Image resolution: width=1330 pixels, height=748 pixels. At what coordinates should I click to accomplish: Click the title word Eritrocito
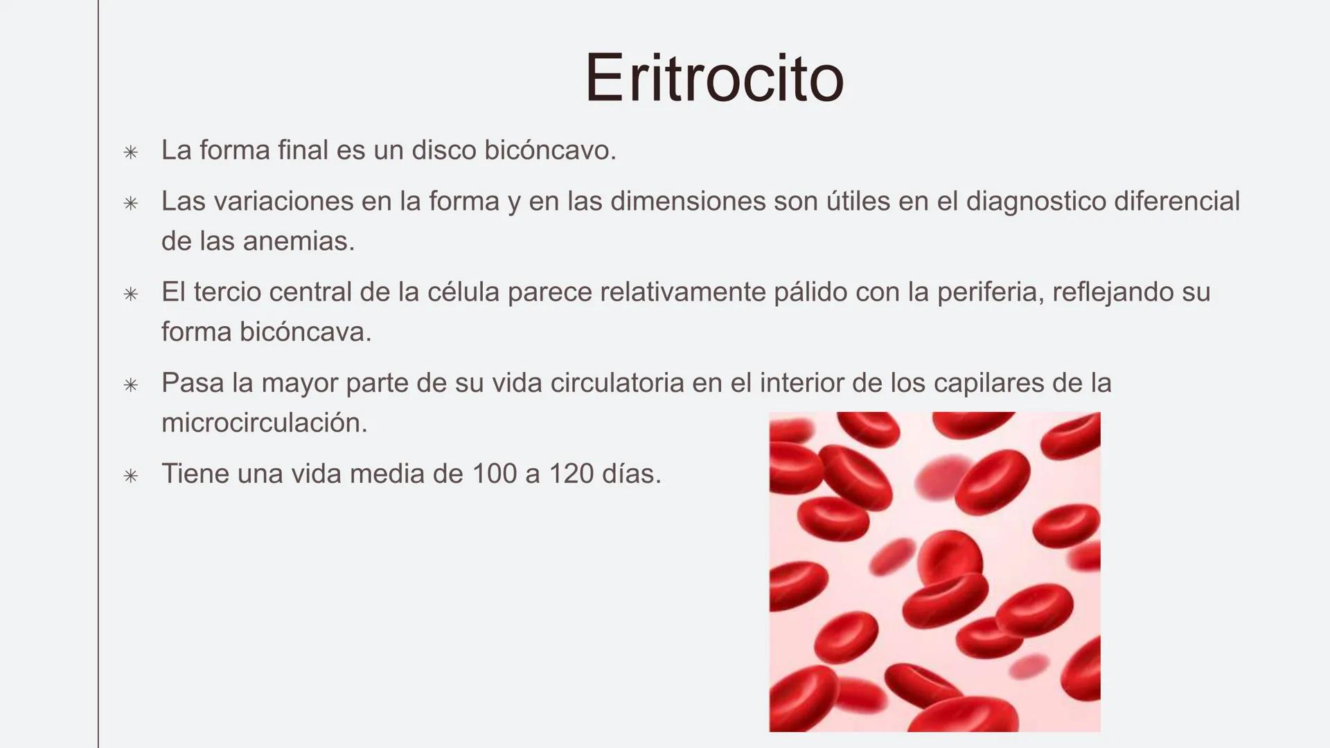pos(714,78)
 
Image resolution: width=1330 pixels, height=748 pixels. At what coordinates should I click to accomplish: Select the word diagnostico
pos(1036,202)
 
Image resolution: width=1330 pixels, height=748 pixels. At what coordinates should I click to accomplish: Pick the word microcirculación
pos(264,422)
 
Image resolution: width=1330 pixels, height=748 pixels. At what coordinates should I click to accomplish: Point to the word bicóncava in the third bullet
pos(305,332)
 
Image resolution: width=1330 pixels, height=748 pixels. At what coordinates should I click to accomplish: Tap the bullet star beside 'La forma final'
pos(130,152)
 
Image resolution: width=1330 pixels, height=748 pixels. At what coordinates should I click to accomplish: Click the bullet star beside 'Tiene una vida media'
pos(130,476)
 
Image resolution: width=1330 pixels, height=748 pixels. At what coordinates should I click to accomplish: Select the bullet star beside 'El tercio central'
pos(130,294)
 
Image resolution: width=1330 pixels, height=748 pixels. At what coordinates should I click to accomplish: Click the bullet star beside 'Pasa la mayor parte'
pos(130,385)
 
